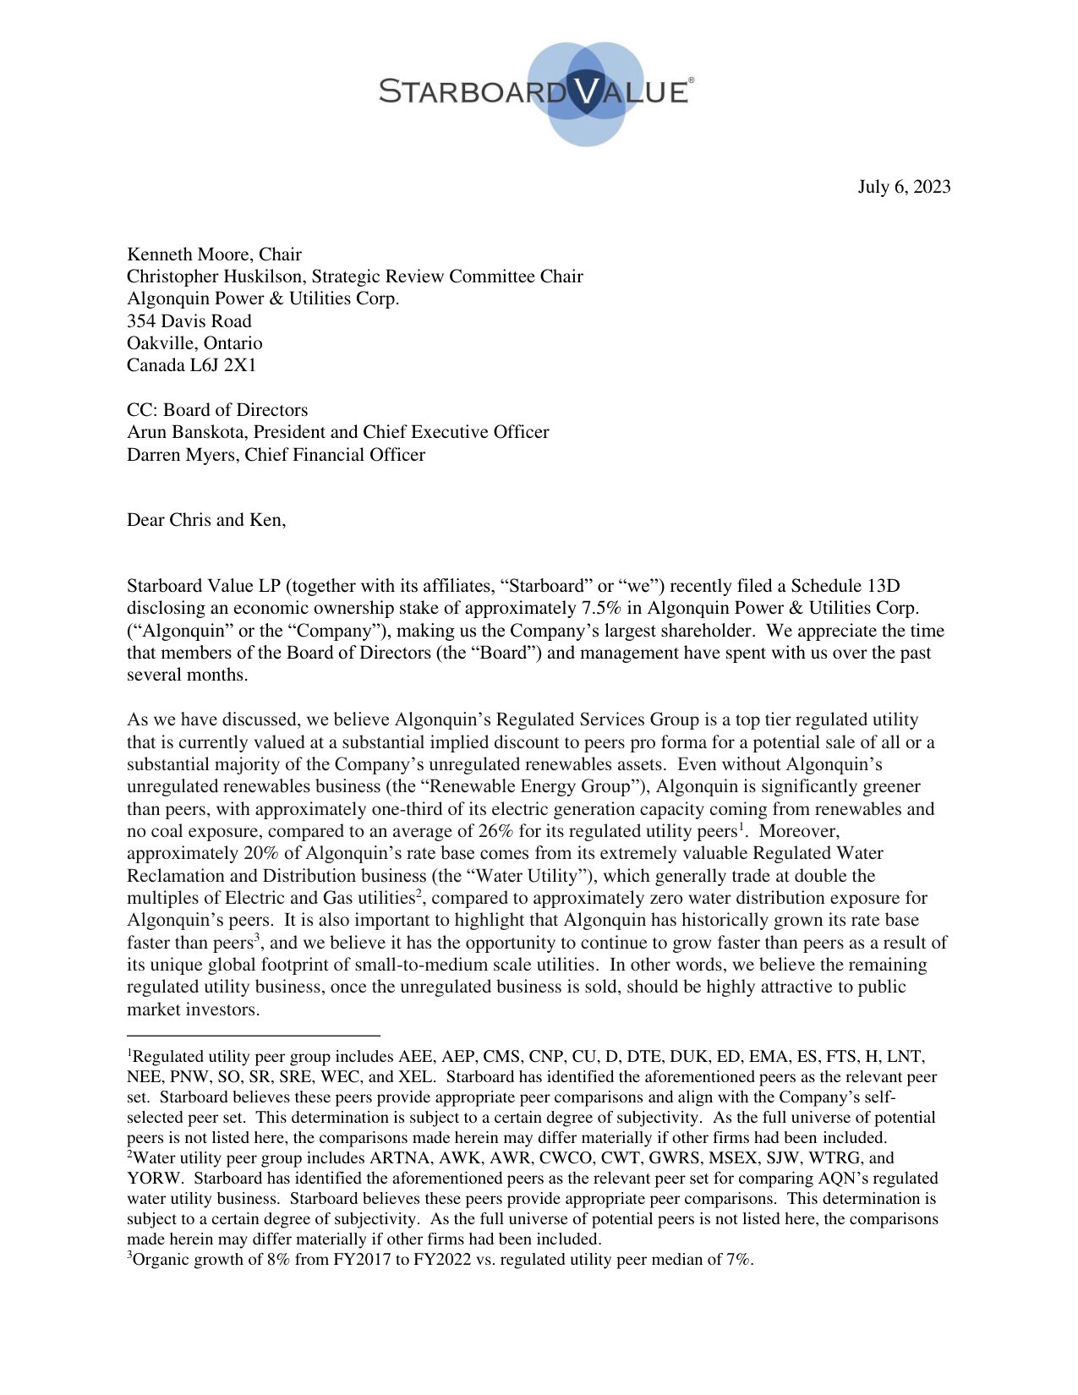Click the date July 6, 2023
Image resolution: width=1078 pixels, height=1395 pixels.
tap(903, 187)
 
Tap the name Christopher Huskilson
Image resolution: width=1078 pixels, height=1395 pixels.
tap(214, 276)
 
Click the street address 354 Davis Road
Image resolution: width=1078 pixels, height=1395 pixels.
tap(189, 321)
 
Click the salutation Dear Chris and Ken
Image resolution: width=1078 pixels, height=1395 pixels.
tap(206, 520)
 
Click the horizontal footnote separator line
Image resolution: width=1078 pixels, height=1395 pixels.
tap(253, 1035)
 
